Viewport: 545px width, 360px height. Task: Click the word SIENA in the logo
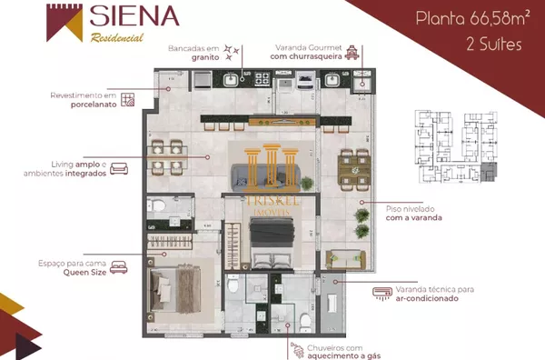134,15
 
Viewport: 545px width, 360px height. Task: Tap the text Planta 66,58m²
473,18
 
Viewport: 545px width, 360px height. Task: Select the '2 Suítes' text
494,45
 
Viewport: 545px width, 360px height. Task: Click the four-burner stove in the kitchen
262,79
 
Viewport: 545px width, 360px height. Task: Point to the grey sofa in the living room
266,177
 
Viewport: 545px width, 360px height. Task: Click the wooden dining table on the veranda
354,170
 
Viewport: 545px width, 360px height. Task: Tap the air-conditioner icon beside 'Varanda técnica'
382,294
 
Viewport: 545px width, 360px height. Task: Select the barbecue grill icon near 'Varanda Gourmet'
352,52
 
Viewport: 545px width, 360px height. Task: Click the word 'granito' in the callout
205,57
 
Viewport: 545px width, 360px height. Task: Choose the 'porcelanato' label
94,105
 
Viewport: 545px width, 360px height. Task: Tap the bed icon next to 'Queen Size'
119,267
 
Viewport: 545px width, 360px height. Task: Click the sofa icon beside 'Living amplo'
119,169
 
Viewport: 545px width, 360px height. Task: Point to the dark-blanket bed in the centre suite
272,244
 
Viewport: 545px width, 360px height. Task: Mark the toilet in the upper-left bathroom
156,205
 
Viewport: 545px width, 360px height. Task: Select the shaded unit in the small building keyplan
489,172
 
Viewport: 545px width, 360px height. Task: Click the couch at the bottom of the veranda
346,260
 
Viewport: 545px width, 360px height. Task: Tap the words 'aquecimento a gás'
343,355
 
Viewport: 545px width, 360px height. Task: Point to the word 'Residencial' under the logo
117,37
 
